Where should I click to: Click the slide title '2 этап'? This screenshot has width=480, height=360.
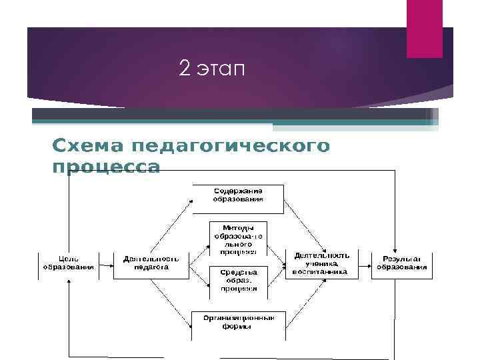pos(212,68)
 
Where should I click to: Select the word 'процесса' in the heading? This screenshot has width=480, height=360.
pos(106,167)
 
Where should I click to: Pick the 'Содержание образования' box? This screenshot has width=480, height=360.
pos(238,195)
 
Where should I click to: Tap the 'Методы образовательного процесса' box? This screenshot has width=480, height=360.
pos(238,239)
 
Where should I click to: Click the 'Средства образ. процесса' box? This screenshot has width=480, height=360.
pos(238,281)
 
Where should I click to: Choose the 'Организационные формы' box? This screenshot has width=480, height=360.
pos(238,322)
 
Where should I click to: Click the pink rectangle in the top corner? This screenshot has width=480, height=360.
pos(425,29)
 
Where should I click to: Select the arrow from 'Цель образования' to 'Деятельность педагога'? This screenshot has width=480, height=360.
pos(107,263)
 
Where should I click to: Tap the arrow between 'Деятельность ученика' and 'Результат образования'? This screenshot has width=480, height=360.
pos(365,263)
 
